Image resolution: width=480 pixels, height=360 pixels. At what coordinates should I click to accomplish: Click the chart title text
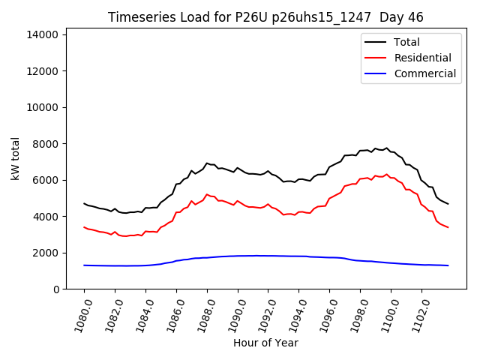[265, 17]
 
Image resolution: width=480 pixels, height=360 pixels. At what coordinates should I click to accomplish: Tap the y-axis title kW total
[16, 158]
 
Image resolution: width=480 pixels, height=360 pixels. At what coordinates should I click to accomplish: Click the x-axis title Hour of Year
[265, 343]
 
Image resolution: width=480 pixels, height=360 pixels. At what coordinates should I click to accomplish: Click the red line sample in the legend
[376, 58]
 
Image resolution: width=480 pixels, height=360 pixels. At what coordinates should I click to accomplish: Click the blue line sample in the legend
[376, 73]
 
